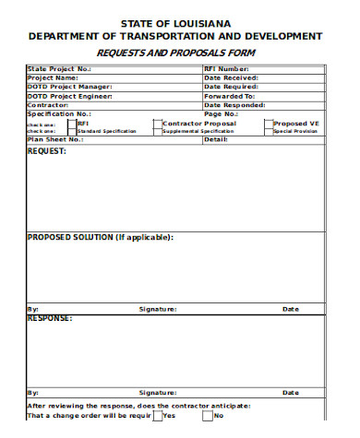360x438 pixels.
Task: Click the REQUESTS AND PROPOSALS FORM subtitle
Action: pos(175,53)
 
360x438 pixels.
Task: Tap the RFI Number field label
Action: pos(227,69)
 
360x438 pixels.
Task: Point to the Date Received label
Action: pos(231,77)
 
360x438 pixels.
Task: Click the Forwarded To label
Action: pos(229,96)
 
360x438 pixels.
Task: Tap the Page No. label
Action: pos(221,113)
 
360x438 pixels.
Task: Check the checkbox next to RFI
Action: pos(71,124)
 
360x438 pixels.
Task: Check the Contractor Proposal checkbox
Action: pos(159,124)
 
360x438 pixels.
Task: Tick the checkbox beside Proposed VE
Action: pos(269,124)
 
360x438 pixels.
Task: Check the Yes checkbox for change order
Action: pos(157,416)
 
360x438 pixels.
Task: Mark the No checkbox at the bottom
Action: pos(208,416)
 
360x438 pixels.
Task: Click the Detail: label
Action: pos(215,139)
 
